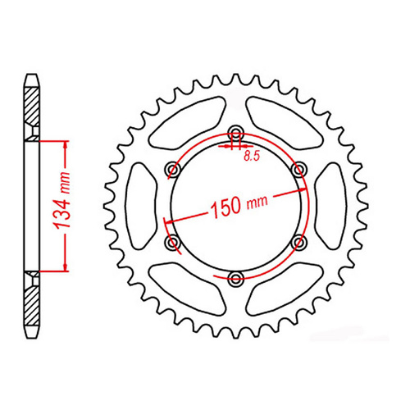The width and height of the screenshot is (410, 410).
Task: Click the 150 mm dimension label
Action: (x=239, y=205)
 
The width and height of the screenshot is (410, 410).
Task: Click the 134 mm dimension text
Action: (x=62, y=201)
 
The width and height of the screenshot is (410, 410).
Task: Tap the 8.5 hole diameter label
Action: (x=252, y=157)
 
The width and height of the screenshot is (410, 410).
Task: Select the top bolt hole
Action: (x=235, y=133)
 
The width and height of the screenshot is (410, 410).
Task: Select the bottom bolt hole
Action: (x=235, y=279)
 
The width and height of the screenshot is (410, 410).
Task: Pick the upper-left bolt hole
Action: (x=172, y=170)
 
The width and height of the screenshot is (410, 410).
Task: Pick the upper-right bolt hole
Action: (x=299, y=170)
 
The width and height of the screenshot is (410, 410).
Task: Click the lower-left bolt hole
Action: (x=172, y=243)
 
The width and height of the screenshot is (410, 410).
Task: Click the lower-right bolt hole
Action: (x=299, y=243)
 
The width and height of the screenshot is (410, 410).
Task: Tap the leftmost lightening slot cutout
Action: (x=141, y=206)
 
